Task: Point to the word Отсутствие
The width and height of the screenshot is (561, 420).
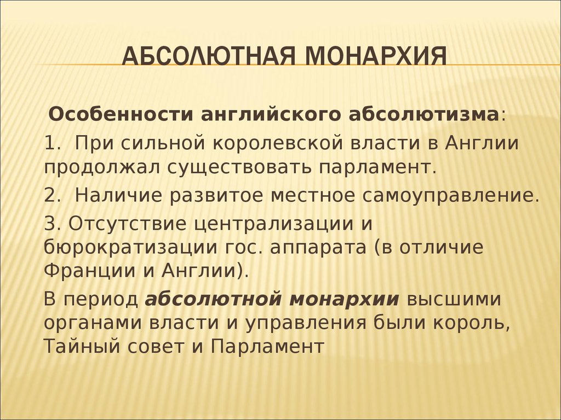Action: (127, 224)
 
